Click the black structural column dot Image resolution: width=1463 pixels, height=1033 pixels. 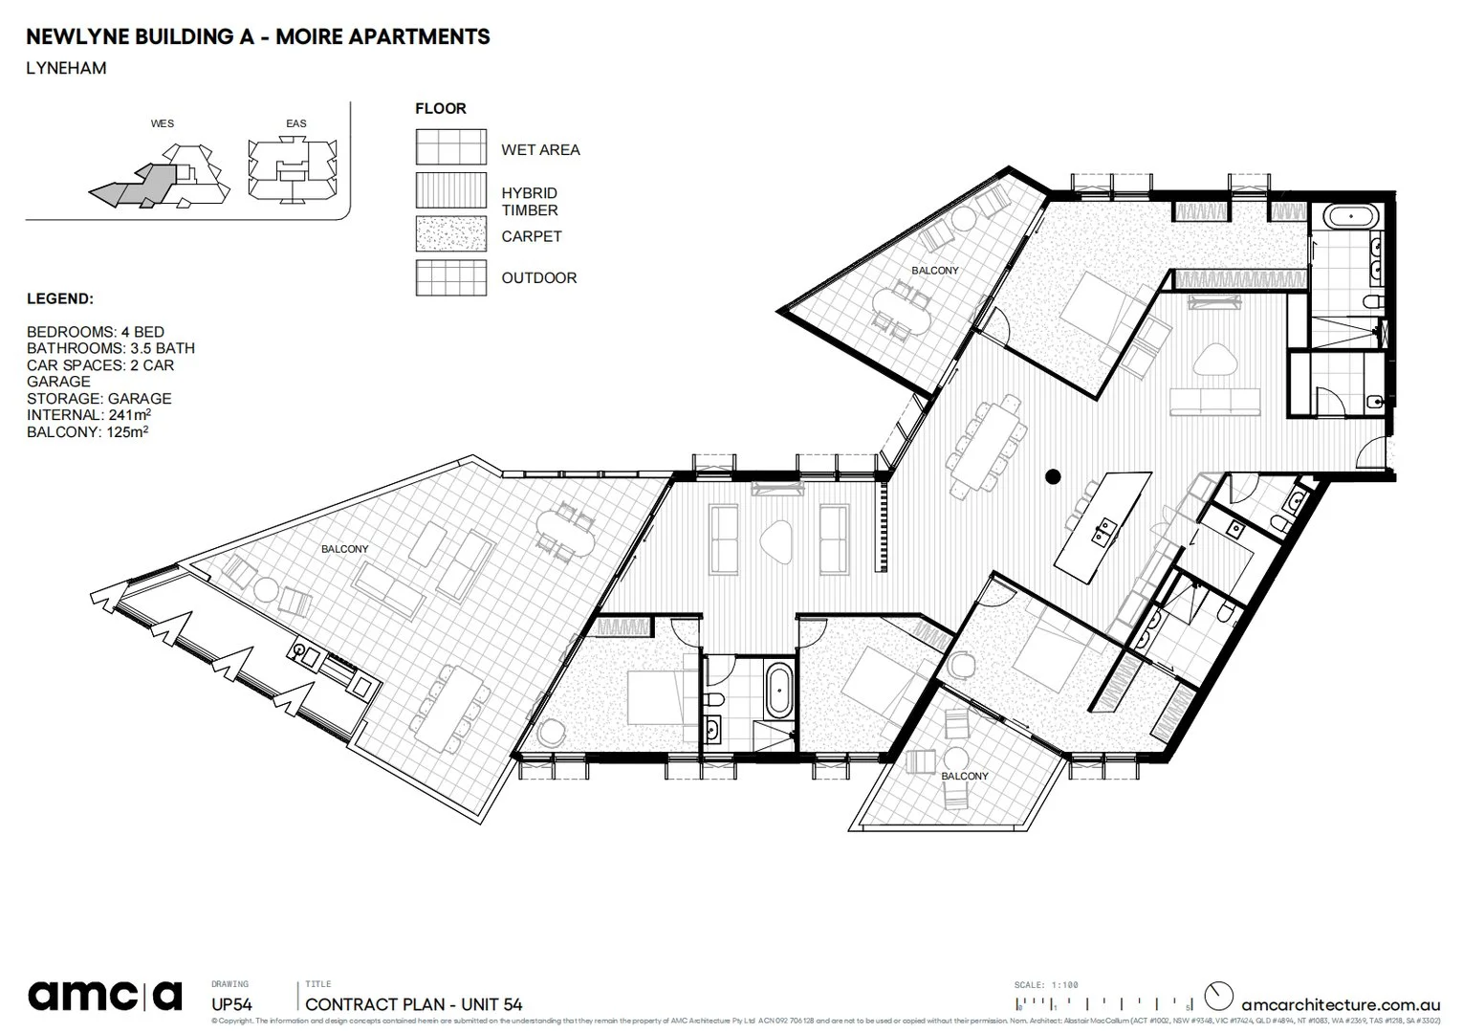coord(1053,475)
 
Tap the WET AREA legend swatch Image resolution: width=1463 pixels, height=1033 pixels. coord(450,148)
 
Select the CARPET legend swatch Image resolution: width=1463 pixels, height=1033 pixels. coord(450,235)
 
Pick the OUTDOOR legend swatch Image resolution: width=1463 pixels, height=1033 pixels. coord(450,277)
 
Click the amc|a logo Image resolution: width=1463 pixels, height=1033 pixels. coord(104,996)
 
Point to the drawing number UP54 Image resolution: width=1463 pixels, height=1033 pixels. coord(231,1004)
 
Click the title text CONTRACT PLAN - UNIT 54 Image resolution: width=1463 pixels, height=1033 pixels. coord(414,1004)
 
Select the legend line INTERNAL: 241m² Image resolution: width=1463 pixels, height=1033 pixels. coord(89,415)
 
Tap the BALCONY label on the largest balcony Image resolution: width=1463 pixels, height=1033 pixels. coord(344,549)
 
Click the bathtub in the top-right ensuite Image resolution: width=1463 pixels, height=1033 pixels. coord(1349,217)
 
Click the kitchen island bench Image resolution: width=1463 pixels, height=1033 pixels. coord(1099,525)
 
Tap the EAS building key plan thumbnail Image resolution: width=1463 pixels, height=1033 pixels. coord(291,171)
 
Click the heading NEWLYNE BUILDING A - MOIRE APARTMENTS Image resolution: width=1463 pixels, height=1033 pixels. coord(258,37)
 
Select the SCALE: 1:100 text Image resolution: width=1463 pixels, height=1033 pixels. coord(1046,985)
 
